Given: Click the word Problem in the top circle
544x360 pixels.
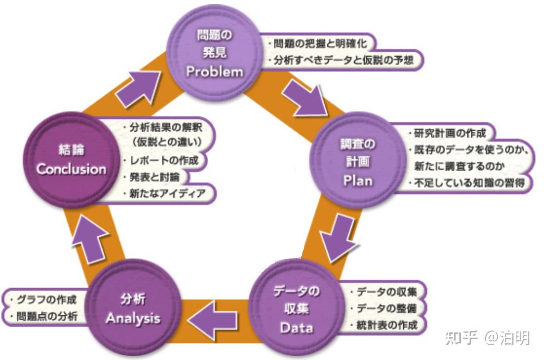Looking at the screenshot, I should pyautogui.click(x=214, y=71).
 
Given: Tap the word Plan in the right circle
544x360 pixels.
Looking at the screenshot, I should pyautogui.click(x=359, y=181).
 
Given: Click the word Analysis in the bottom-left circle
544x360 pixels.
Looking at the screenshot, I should pyautogui.click(x=133, y=318).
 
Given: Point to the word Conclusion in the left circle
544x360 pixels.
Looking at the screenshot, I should pyautogui.click(x=71, y=169).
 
